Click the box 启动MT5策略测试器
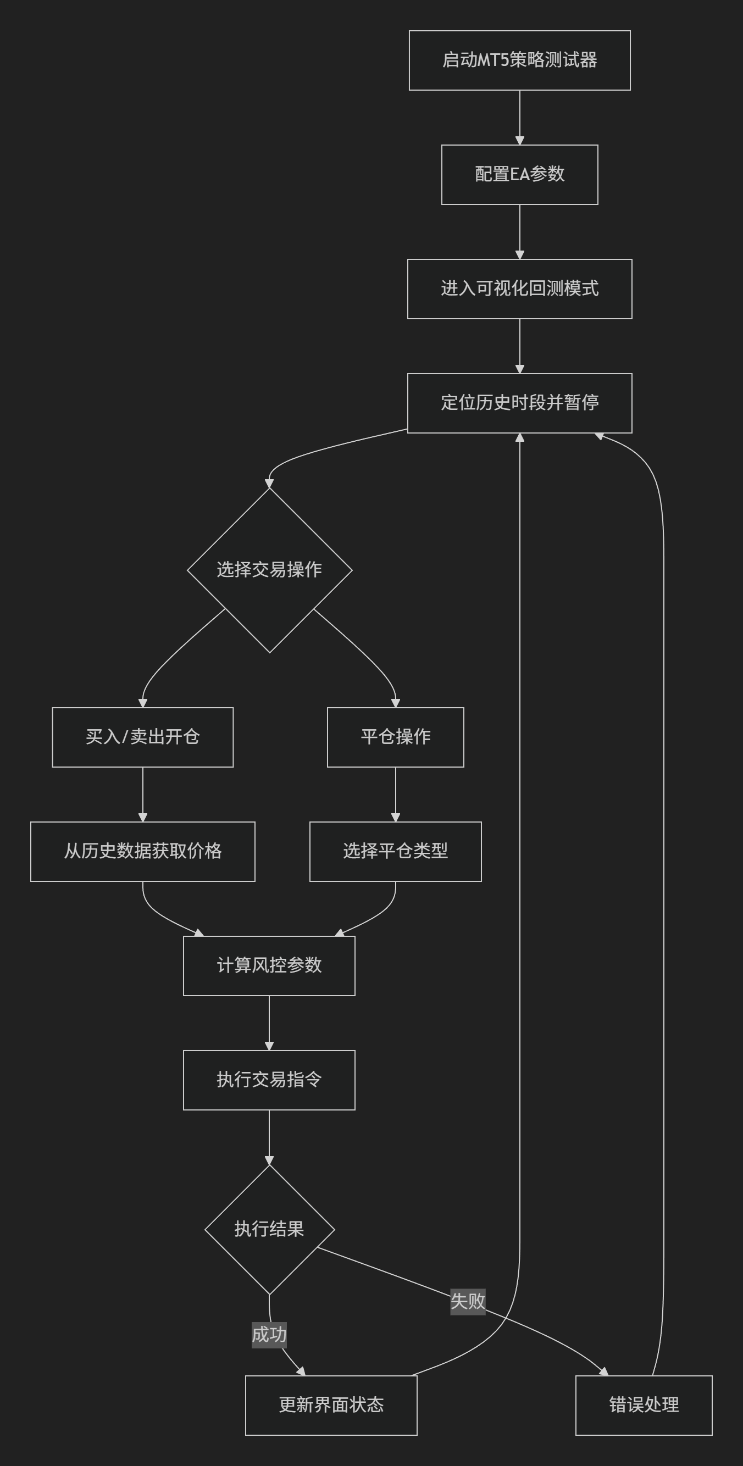[x=519, y=60]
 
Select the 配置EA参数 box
[x=519, y=175]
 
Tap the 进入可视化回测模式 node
[x=519, y=289]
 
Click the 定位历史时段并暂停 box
[x=519, y=403]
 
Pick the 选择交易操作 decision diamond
[x=269, y=570]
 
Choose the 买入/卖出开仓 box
[x=142, y=737]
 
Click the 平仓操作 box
[x=395, y=737]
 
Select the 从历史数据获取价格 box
[x=142, y=852]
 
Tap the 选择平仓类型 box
[x=395, y=852]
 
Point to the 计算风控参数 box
[x=269, y=967]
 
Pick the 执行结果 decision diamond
[x=269, y=1230]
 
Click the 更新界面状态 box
[x=331, y=1406]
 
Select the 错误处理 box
[x=644, y=1406]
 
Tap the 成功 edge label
[x=269, y=1335]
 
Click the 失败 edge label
[x=468, y=1301]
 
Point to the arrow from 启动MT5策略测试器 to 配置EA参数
[x=519, y=117]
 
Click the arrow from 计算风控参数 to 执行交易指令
[x=269, y=1023]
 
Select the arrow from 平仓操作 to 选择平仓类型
[x=395, y=795]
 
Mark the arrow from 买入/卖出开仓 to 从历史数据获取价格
[x=142, y=795]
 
